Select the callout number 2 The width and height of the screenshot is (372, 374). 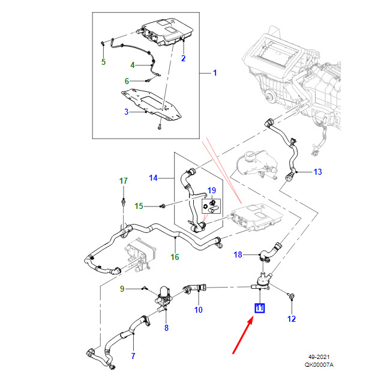(x=183, y=58)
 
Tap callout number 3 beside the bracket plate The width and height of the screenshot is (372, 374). (x=127, y=112)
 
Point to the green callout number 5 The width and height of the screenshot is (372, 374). (x=103, y=62)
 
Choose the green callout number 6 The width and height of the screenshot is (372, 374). (x=127, y=81)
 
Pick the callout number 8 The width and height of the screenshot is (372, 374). (x=166, y=327)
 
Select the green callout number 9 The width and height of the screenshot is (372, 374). (x=122, y=289)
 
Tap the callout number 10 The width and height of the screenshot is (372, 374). (x=198, y=310)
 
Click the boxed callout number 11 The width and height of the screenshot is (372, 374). (x=259, y=309)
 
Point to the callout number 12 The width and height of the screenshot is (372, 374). (x=291, y=319)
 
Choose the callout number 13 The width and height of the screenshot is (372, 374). (x=317, y=172)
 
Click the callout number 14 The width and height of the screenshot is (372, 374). (x=153, y=178)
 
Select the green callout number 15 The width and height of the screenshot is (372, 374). (x=139, y=207)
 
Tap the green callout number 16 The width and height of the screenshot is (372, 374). (x=175, y=257)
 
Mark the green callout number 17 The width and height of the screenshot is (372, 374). (x=123, y=181)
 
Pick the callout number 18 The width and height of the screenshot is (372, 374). (x=238, y=255)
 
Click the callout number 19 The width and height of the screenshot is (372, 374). (x=211, y=191)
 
